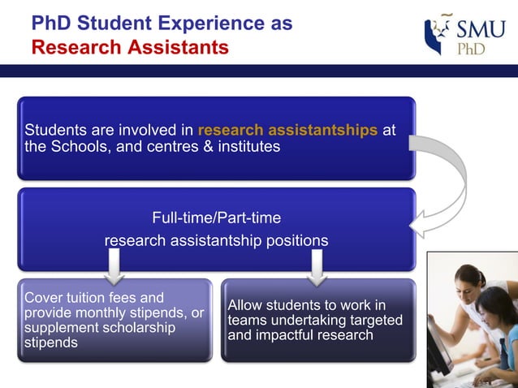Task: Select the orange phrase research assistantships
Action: point(287,131)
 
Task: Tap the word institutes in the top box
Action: point(248,147)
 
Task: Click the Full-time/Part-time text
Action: point(216,218)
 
